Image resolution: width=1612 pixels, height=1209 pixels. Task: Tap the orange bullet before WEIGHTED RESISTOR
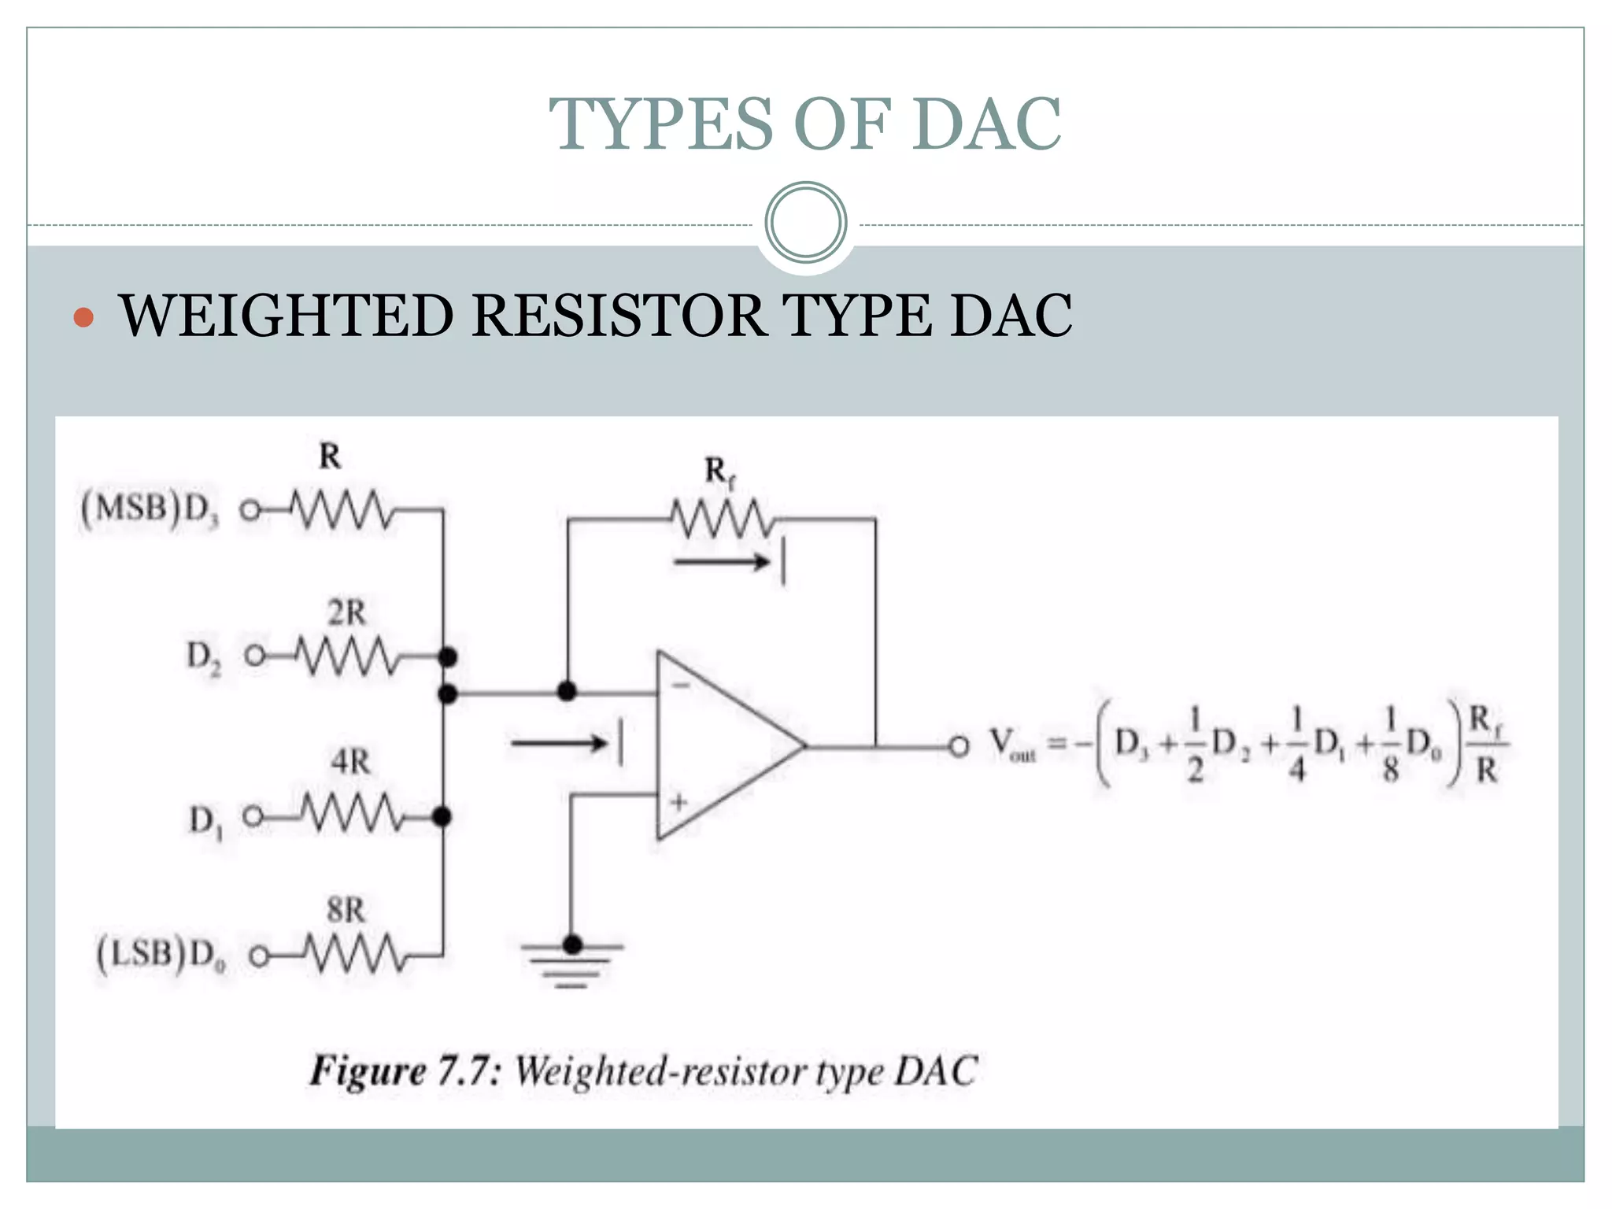pos(83,317)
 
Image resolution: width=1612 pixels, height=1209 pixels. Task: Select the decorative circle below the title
pos(805,222)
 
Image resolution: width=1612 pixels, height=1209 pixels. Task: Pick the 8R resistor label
pos(346,911)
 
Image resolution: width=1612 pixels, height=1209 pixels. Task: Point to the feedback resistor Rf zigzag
pos(723,519)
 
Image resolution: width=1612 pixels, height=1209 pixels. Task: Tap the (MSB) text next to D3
pos(131,508)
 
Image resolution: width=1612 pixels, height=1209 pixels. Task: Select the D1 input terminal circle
pos(252,816)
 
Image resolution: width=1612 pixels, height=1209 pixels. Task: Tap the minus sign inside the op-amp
pos(681,686)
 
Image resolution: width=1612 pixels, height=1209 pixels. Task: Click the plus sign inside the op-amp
pos(678,802)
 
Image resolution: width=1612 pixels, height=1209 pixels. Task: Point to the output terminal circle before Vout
pos(959,746)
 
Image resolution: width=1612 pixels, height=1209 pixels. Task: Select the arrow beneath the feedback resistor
pos(722,562)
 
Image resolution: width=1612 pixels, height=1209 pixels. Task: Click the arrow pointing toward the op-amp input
pos(559,743)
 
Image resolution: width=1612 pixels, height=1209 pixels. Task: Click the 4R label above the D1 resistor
pos(350,762)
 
